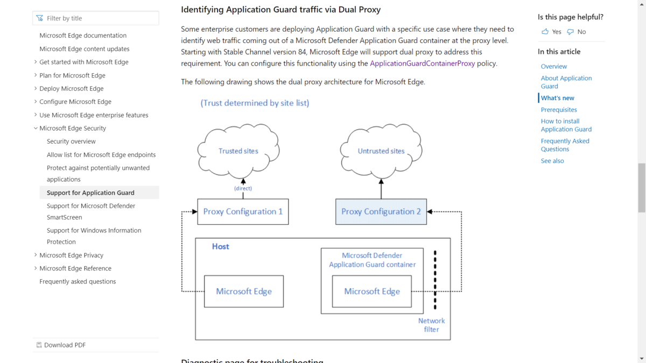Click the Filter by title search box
(x=96, y=18)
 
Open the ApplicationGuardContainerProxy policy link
(x=422, y=63)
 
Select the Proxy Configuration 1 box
(x=243, y=211)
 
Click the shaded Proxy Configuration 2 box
(x=381, y=211)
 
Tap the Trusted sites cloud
(x=238, y=151)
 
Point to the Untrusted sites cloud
(x=381, y=151)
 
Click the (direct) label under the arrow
(x=243, y=188)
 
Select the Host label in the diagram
(x=220, y=247)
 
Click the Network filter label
(x=431, y=325)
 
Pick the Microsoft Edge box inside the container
(x=372, y=291)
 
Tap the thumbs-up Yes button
(x=551, y=32)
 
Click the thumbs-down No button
(x=576, y=32)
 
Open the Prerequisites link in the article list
(x=559, y=110)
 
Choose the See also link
(x=552, y=161)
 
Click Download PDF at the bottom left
(x=61, y=345)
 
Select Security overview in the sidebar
(x=71, y=141)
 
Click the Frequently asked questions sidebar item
(x=78, y=281)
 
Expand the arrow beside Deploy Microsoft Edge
(x=36, y=88)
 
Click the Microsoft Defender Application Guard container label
(x=372, y=260)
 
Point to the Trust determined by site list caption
(x=255, y=103)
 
